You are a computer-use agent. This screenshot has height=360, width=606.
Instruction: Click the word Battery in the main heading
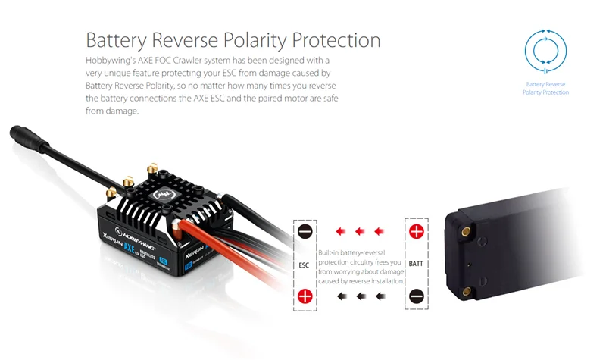(120, 39)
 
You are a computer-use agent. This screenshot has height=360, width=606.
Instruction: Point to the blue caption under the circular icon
(545, 88)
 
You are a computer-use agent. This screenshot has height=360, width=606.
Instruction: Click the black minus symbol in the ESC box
(305, 231)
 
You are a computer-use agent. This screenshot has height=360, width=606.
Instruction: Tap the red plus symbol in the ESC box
(305, 296)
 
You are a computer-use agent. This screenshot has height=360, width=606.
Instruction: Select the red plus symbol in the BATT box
(416, 231)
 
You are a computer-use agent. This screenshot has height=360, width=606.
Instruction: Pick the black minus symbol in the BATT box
(416, 296)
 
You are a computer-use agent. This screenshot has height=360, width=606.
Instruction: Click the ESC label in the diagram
(305, 265)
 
